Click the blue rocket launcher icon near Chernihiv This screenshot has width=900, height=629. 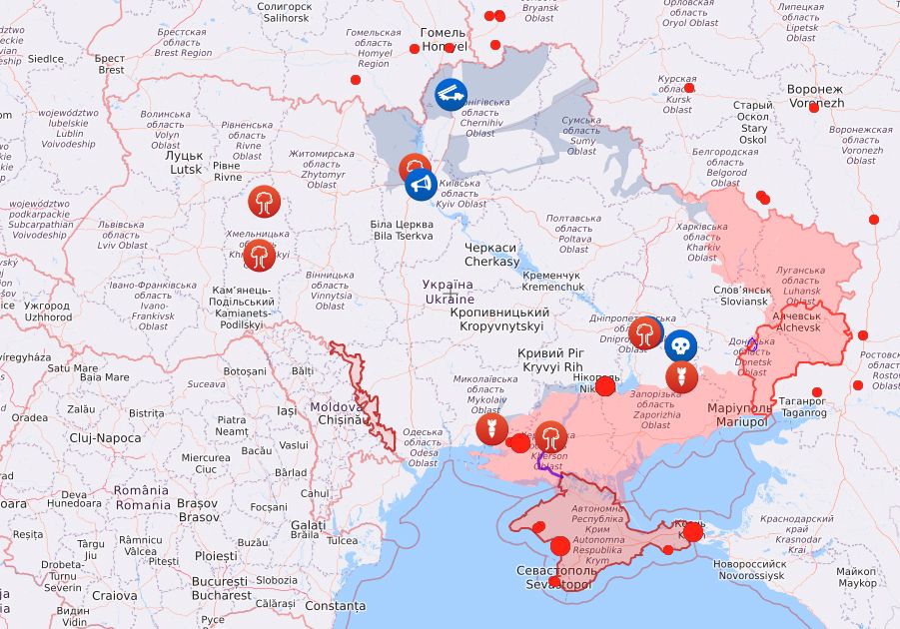[x=450, y=96]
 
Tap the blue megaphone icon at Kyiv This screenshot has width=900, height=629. [x=421, y=185]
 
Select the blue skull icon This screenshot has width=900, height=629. [x=680, y=345]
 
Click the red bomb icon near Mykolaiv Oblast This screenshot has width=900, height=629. [x=486, y=430]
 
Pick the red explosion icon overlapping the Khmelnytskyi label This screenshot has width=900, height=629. [x=262, y=256]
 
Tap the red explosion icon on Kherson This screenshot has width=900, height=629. [x=550, y=437]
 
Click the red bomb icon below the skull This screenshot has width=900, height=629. [x=681, y=377]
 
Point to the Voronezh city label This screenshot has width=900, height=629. [x=816, y=96]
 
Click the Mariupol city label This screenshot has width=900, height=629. [x=740, y=415]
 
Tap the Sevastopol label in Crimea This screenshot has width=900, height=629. [x=553, y=576]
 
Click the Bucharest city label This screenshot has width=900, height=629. [x=221, y=588]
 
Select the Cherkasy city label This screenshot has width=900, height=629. [x=491, y=255]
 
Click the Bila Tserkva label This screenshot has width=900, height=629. [x=403, y=230]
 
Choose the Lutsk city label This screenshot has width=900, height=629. [x=185, y=163]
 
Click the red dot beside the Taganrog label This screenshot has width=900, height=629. [x=817, y=392]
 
